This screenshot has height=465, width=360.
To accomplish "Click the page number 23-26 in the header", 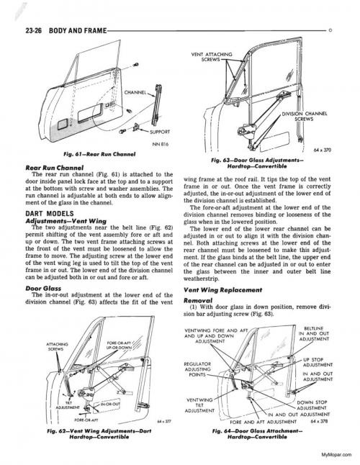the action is (x=34, y=30).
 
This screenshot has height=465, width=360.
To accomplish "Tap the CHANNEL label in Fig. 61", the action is (x=135, y=92).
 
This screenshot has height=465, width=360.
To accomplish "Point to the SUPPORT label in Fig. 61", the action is (x=160, y=132).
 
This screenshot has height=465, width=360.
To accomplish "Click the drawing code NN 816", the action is (x=160, y=145).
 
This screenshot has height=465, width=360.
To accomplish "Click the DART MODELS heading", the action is (x=50, y=214).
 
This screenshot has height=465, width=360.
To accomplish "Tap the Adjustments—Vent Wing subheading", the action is (x=66, y=221).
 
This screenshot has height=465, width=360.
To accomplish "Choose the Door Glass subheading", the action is (x=43, y=288).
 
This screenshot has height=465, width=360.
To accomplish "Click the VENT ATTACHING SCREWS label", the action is (x=212, y=57).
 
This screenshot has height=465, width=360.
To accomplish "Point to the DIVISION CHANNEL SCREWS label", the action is (x=305, y=117).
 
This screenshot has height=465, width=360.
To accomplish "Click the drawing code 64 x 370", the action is (x=322, y=150).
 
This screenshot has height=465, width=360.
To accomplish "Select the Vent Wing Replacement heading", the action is (x=223, y=290).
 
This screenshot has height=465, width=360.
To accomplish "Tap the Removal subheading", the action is (x=198, y=300).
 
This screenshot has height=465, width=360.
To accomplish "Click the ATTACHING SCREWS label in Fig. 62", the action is (x=57, y=347).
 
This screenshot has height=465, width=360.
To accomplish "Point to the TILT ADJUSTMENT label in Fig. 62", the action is (x=68, y=405).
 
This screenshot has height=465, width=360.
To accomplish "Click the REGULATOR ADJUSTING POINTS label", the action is (x=197, y=369).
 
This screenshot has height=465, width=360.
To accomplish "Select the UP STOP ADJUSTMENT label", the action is (x=318, y=362).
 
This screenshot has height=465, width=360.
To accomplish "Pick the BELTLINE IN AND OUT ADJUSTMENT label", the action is (x=314, y=333).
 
